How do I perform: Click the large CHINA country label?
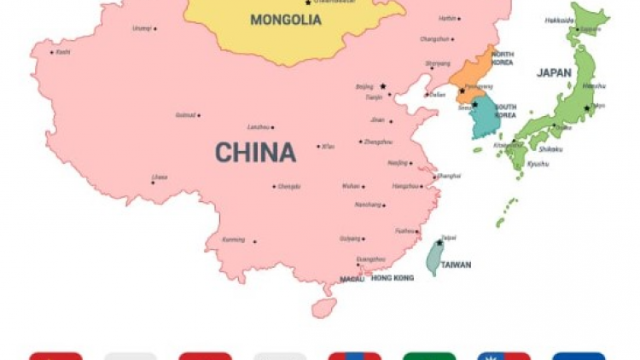point(255,153)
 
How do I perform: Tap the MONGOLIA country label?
point(286,20)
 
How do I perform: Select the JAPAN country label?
point(554,73)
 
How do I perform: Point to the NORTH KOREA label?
point(502,58)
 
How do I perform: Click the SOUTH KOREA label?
point(505,111)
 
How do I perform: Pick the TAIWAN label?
point(456,264)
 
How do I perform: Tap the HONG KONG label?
point(393,278)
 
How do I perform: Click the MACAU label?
point(352,278)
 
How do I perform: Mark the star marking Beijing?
point(383,86)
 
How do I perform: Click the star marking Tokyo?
point(587,107)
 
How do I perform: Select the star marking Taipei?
point(439,243)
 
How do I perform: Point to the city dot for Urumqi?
point(154,28)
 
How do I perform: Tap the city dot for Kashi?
point(53,52)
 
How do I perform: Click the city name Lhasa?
point(160,177)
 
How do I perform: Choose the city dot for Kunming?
point(254,241)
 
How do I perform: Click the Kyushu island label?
point(538,163)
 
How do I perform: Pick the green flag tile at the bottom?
point(429,356)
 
